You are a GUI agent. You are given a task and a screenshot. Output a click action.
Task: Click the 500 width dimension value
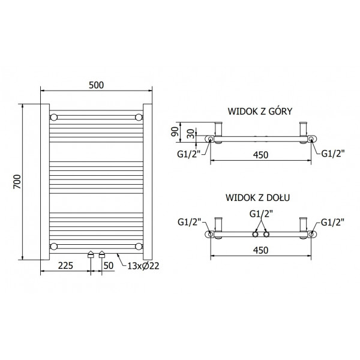click(96, 85)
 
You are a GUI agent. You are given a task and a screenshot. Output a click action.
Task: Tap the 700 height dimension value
click(17, 182)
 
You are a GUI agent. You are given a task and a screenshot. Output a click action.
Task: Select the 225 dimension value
click(65, 266)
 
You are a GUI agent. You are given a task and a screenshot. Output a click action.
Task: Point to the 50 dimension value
click(109, 266)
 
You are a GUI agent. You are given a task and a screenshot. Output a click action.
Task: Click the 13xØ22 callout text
click(143, 266)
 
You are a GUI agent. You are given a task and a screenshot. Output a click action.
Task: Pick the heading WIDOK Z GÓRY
click(260, 112)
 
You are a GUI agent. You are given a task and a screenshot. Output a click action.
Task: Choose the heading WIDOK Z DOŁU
click(257, 197)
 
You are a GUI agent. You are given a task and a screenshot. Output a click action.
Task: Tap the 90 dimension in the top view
click(175, 131)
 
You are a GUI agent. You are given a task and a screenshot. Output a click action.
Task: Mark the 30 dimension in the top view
click(191, 134)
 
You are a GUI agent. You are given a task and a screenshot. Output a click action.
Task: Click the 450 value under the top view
click(260, 155)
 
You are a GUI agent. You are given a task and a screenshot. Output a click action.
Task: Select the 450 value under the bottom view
click(260, 250)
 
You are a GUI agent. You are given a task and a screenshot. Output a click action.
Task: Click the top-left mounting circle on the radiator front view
click(54, 118)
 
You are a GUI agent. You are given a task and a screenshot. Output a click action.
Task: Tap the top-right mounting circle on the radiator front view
click(139, 118)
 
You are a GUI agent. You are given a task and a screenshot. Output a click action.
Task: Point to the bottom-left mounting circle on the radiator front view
click(54, 247)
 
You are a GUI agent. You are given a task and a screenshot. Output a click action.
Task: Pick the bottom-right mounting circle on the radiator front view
click(139, 247)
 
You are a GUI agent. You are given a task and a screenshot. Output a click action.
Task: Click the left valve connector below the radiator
click(91, 254)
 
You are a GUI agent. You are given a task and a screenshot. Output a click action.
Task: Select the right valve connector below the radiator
click(102, 254)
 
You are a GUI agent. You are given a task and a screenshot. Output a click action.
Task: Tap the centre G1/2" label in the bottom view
click(261, 214)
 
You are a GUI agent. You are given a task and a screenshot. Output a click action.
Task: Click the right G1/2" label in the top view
click(333, 154)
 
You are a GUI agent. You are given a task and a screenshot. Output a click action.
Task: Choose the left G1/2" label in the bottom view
click(190, 222)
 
